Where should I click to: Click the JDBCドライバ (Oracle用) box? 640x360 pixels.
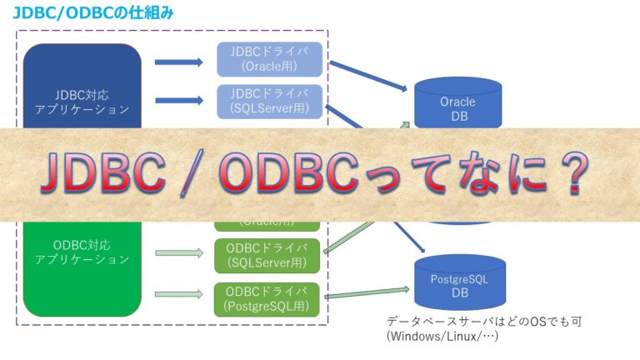269,58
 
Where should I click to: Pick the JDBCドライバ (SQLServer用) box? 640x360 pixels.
269,100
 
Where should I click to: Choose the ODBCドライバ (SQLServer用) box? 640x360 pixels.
269,256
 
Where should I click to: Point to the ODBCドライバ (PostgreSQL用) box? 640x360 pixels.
269,298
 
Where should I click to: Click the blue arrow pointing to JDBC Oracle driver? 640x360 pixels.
178,62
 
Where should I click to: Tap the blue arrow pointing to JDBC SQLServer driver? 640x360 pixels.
178,102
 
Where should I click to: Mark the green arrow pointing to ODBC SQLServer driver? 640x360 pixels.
178,252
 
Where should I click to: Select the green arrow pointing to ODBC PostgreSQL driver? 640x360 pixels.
178,292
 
